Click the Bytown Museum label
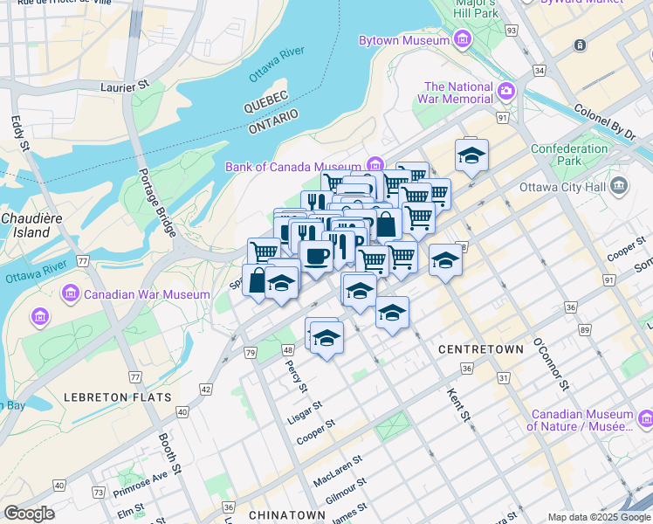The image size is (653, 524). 404,40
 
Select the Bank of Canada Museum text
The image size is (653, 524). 292,167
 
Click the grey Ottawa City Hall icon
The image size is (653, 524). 620,185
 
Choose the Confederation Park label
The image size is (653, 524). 568,155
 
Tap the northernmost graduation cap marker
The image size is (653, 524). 471,155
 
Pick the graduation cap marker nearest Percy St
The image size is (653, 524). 326,336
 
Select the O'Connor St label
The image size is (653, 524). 549,362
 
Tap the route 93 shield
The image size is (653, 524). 511,31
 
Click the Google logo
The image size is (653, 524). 29,514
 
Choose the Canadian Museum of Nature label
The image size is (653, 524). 580,421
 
